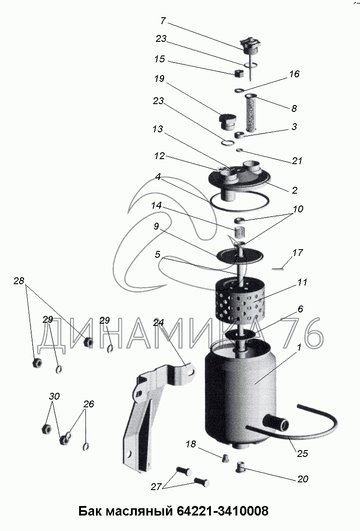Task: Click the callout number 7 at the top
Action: tap(163, 21)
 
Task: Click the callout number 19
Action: tap(159, 79)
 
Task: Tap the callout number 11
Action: tap(302, 282)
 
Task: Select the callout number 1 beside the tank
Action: tap(299, 347)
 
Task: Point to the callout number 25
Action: tap(302, 453)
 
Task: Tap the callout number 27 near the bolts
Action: tap(156, 487)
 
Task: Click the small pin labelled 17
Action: tap(278, 269)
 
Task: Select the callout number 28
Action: tap(19, 281)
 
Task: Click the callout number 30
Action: tap(54, 396)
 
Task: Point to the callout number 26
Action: tap(89, 404)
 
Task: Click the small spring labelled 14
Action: tap(240, 233)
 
